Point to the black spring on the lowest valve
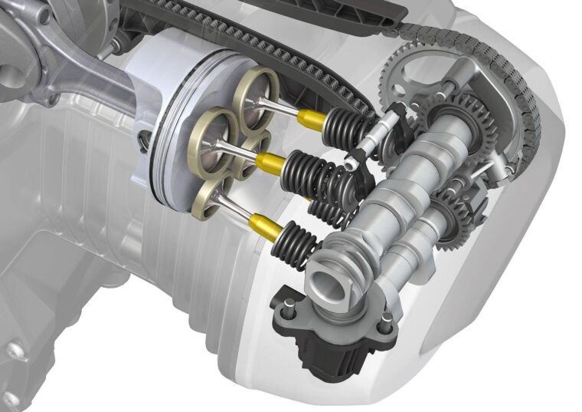click(x=299, y=233)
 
